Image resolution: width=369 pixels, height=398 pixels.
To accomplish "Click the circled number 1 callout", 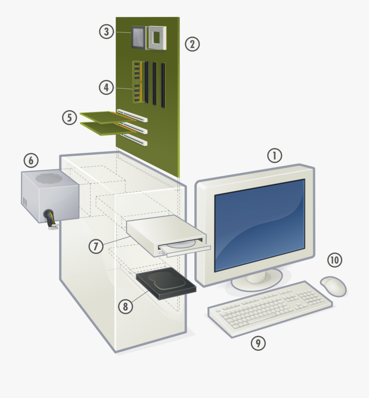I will [x=275, y=156].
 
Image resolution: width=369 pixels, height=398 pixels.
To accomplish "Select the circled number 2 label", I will [x=192, y=44].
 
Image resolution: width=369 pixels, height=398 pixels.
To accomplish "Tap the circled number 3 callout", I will [x=107, y=32].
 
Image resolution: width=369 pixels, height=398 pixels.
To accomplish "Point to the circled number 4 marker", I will [x=106, y=87].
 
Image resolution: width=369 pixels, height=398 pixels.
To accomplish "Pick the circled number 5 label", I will [x=70, y=118].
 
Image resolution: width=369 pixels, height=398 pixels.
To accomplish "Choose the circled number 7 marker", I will [x=96, y=246].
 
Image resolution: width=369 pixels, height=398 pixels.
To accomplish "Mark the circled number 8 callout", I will [x=126, y=306].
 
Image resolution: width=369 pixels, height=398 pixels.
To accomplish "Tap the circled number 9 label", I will [x=258, y=343].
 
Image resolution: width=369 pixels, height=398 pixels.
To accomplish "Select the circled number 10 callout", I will [x=335, y=260].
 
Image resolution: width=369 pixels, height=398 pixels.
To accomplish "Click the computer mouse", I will [x=333, y=286].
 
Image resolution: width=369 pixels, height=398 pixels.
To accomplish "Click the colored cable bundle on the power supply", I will [x=50, y=217].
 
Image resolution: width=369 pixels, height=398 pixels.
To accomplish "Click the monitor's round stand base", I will [x=256, y=280].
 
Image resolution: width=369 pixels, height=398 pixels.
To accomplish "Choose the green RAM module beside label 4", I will [x=137, y=81].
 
